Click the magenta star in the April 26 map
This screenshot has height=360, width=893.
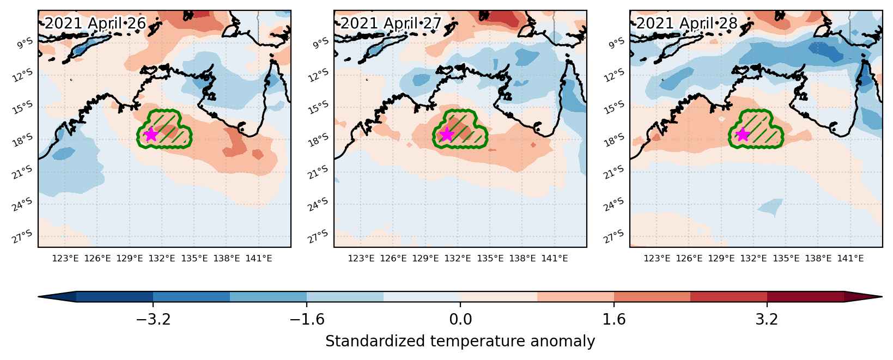[151, 135]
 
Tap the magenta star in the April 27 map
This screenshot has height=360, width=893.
[447, 135]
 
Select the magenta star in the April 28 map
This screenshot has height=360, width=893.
[742, 135]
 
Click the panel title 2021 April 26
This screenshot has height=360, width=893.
[95, 23]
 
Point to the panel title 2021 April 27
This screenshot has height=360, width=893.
[391, 23]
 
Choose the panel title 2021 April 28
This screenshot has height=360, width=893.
[687, 23]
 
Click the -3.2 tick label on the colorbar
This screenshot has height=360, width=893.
[153, 319]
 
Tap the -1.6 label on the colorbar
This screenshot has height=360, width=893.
[307, 319]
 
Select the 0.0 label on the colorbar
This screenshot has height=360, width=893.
[460, 319]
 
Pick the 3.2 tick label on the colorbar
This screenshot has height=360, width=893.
[767, 319]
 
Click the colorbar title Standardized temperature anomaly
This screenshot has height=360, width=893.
[460, 341]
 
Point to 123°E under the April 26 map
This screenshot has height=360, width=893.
[65, 258]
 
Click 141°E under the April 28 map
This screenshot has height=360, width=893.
[851, 258]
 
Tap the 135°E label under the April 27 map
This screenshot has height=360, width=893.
[490, 258]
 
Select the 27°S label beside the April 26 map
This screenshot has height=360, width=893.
[22, 236]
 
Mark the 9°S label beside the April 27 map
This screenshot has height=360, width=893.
[321, 43]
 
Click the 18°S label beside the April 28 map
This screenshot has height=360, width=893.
[614, 139]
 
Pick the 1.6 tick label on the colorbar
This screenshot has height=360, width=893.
[614, 319]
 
